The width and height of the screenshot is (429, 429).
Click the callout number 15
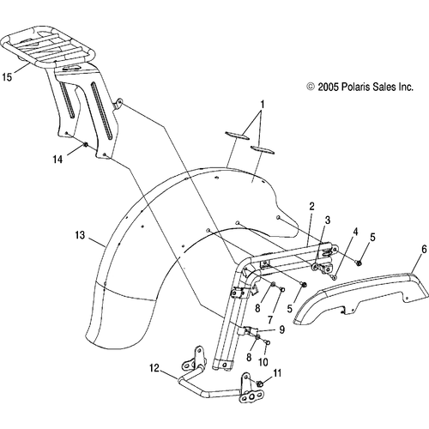click(x=7, y=76)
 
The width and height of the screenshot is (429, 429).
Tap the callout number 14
click(x=57, y=159)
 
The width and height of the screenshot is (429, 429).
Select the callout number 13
click(x=80, y=235)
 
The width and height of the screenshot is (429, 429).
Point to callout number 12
click(x=154, y=368)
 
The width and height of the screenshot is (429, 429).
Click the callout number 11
click(x=277, y=373)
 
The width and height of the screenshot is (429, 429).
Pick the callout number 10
click(x=263, y=362)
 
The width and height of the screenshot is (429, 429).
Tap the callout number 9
click(x=281, y=329)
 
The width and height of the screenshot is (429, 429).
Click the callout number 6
click(x=424, y=249)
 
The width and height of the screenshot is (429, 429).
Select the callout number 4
click(x=355, y=232)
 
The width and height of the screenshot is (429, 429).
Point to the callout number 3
click(x=328, y=220)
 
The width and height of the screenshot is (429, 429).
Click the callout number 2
click(x=311, y=206)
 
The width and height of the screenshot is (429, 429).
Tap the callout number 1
click(x=263, y=105)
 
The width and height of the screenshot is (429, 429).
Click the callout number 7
click(x=270, y=319)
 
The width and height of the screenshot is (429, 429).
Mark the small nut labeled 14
click(x=86, y=145)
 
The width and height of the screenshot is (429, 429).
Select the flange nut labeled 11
click(x=260, y=384)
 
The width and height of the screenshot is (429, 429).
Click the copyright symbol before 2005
click(x=311, y=87)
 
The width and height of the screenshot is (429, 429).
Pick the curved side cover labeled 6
click(x=361, y=298)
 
